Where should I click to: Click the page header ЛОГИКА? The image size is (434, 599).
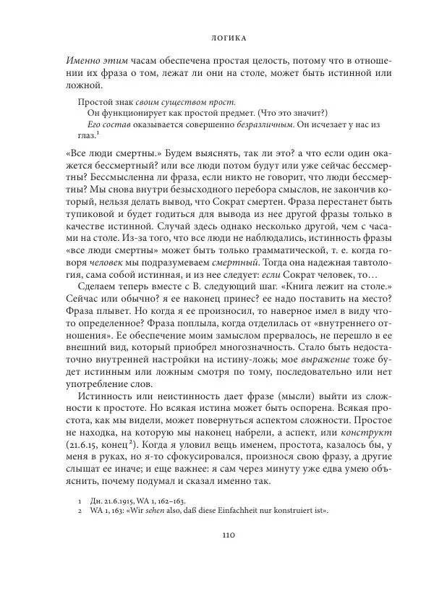[217, 33]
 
